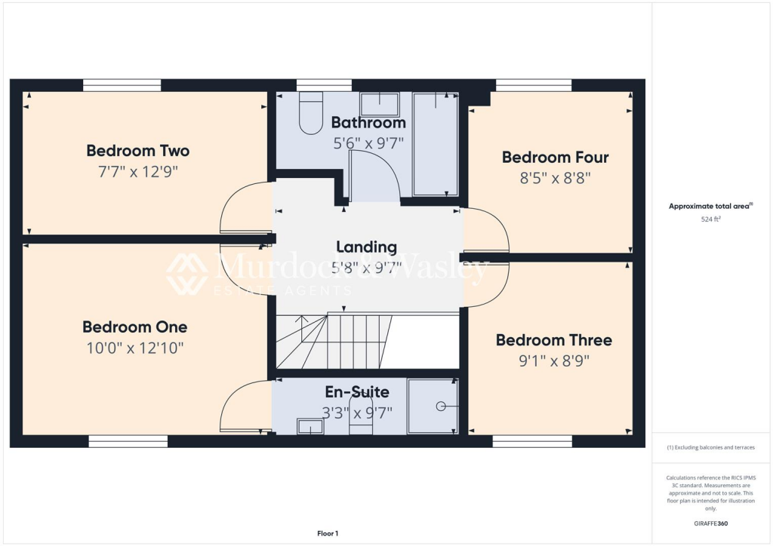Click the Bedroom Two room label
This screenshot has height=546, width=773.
(137, 151)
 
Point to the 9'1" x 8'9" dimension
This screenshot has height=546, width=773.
(553, 360)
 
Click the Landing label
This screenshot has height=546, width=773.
(366, 247)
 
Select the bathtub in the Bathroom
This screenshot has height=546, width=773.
(436, 143)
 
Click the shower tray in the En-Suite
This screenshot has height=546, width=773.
(433, 406)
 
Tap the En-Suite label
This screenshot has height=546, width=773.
(357, 392)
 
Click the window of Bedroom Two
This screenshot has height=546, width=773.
(122, 85)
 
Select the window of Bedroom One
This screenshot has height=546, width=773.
(128, 441)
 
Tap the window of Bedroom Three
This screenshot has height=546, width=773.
(531, 441)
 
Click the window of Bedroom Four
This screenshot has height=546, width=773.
(533, 85)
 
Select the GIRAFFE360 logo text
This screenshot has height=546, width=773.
(712, 523)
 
